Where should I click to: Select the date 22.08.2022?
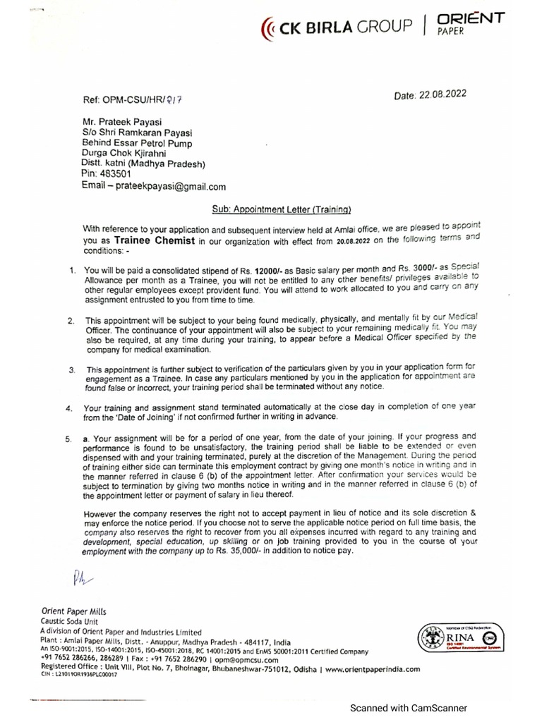point(440,92)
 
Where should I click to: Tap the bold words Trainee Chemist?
point(151,240)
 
